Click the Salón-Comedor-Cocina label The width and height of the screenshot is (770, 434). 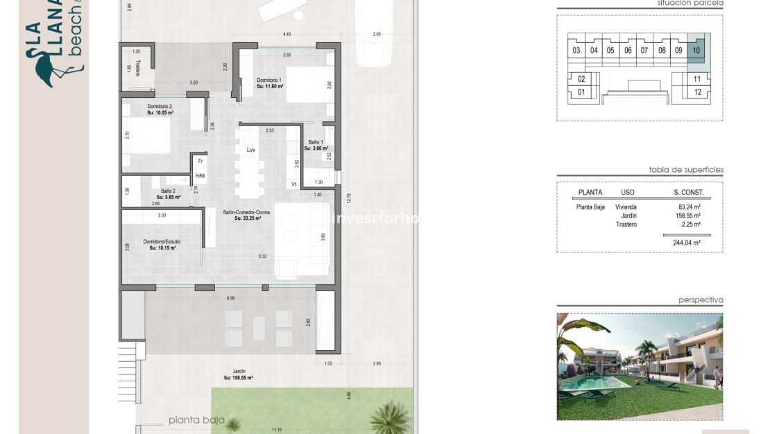click(241, 215)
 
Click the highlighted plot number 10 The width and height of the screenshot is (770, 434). click(696, 50)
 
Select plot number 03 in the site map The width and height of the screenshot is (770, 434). click(576, 51)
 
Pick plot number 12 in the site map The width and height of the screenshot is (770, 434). click(697, 92)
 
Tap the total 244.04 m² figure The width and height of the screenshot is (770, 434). click(686, 243)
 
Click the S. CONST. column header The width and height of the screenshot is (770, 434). click(688, 192)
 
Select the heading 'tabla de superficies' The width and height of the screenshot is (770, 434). click(685, 169)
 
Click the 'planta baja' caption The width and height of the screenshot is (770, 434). click(196, 420)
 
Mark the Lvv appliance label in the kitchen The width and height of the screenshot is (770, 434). click(250, 150)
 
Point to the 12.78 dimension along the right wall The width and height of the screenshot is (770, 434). click(349, 198)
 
